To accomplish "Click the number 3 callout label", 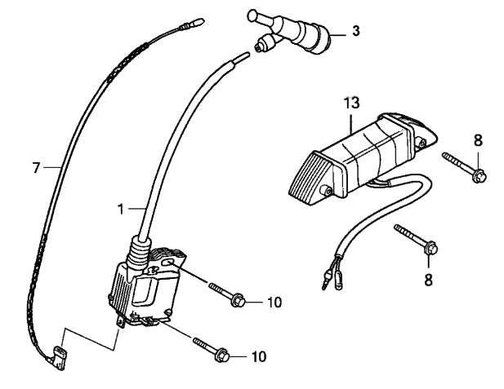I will coord(355,31).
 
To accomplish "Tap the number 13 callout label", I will coord(351,104).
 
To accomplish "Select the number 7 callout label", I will coord(36,168).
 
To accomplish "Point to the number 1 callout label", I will coord(121,210).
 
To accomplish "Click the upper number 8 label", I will coord(478,140).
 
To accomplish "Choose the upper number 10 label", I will coord(274,302).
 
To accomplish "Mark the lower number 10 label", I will coord(258,356).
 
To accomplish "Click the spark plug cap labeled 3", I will coord(294,37).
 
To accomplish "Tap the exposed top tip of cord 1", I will coord(243,57).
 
